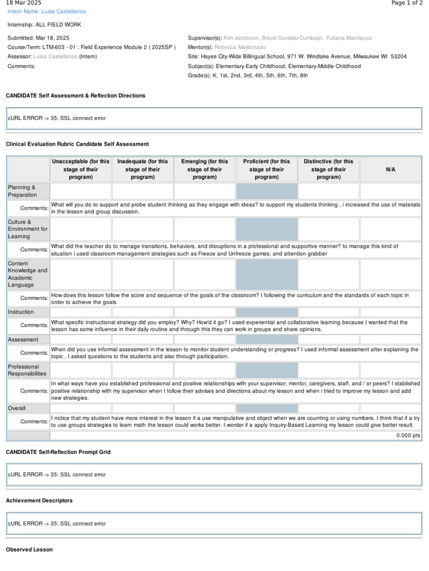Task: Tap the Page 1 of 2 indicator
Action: tap(407, 3)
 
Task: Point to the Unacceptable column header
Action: tap(81, 169)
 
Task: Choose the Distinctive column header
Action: tap(328, 169)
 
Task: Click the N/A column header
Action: tap(390, 169)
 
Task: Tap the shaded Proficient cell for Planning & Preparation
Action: tap(266, 191)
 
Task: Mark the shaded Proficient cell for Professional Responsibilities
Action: tap(266, 370)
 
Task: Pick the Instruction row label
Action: tap(21, 312)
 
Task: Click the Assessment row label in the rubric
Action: tap(23, 340)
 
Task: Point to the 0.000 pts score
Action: tap(408, 435)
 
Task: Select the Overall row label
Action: tap(17, 408)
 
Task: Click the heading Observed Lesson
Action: tap(29, 550)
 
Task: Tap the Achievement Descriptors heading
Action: tap(39, 501)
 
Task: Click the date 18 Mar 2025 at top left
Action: tap(23, 3)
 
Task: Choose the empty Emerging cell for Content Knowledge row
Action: tap(204, 274)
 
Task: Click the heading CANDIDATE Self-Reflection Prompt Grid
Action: tap(58, 452)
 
